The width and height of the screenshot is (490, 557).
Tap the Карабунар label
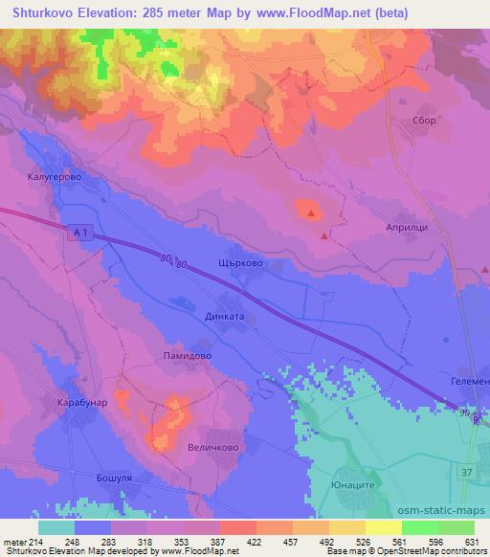click(x=80, y=404)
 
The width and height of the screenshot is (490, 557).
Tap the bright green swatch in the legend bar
click(x=420, y=527)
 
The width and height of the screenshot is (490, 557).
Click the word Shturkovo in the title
click(x=44, y=12)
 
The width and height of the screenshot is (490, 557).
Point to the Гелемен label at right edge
click(x=469, y=380)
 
